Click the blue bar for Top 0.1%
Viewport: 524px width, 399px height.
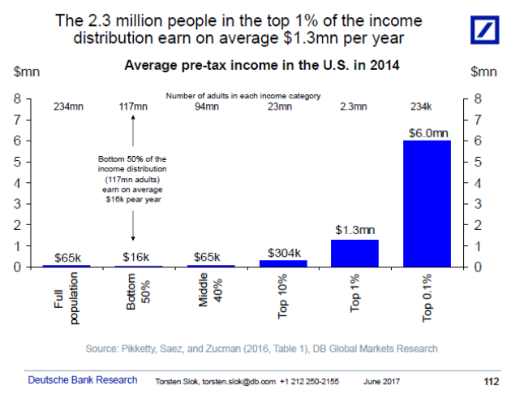click(x=427, y=203)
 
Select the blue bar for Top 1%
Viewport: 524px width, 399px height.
click(x=354, y=253)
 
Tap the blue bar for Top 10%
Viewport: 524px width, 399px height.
click(x=283, y=262)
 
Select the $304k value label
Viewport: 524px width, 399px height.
click(x=283, y=252)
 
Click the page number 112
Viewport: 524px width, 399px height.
click(x=491, y=381)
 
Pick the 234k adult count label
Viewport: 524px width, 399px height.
click(x=427, y=106)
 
